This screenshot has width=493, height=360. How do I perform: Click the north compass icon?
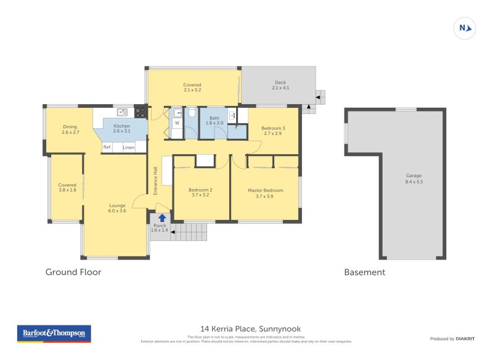[465, 28]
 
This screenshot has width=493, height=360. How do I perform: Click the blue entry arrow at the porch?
[161, 218]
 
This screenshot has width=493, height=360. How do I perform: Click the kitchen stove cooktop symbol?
[141, 113]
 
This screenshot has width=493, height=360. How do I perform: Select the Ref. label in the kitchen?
[107, 147]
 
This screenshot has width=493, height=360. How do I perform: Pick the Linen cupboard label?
[128, 147]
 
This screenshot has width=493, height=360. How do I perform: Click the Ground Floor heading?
[73, 272]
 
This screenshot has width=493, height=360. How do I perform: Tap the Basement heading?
[364, 272]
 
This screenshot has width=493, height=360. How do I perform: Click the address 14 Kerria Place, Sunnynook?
[251, 329]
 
